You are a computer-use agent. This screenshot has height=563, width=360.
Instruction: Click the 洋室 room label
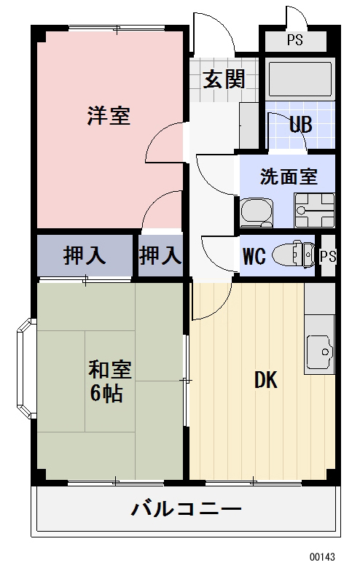109,116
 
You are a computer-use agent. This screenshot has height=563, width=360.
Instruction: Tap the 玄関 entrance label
223,79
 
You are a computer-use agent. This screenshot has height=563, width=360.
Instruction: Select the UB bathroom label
300,125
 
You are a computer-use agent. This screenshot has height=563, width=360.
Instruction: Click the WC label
253,257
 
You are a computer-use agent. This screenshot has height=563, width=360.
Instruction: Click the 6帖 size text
107,394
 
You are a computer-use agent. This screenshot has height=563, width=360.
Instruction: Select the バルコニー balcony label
186,509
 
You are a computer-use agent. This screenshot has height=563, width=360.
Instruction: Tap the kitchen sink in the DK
319,353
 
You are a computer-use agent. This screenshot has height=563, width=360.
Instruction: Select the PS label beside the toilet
328,256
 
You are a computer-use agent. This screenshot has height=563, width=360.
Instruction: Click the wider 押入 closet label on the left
85,256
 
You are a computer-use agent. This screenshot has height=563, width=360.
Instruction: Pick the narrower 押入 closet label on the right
160,256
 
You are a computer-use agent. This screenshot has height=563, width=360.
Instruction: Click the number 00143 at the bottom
321,554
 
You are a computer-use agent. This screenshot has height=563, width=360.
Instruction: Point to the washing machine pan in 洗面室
313,209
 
